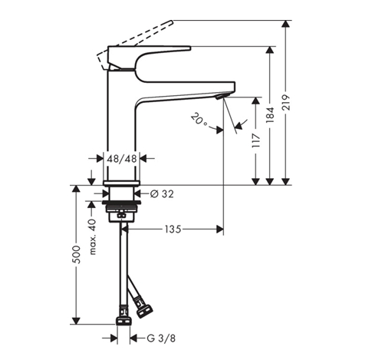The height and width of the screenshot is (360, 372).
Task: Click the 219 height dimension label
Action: (x=286, y=103)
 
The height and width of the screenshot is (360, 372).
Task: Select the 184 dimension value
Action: (x=270, y=114)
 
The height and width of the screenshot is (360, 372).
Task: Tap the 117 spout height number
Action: (x=255, y=140)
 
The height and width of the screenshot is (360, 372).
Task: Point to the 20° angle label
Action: (x=199, y=119)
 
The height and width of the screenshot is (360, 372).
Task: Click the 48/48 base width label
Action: (x=121, y=159)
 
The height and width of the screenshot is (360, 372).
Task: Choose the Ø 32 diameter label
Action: (x=162, y=194)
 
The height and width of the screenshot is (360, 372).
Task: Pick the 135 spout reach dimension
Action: (x=173, y=230)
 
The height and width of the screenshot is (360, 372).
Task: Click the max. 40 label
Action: (x=93, y=237)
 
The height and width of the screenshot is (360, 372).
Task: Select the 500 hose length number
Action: (x=76, y=255)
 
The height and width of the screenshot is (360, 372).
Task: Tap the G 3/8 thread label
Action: (x=161, y=339)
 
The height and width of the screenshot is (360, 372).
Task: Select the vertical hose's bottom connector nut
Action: (x=124, y=321)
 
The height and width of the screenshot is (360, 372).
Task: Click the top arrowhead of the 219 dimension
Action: (x=286, y=24)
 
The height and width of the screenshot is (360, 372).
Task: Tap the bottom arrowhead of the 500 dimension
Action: (x=76, y=321)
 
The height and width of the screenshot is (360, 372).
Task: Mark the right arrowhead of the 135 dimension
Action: (x=220, y=230)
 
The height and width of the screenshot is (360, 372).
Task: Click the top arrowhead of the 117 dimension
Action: (x=255, y=101)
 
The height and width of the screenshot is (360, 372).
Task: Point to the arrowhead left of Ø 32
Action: (x=106, y=193)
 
